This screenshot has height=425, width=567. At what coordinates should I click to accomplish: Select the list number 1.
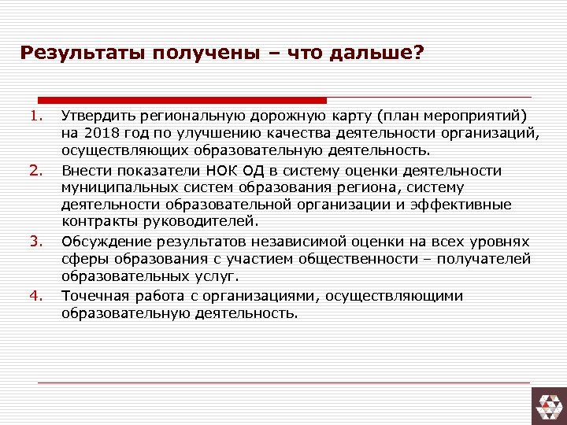(35, 116)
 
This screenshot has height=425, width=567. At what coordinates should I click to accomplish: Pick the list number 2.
(35, 170)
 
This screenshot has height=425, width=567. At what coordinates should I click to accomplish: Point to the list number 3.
(35, 240)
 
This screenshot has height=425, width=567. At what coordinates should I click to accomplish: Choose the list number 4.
(35, 296)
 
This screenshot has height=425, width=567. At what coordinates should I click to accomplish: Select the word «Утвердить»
(97, 116)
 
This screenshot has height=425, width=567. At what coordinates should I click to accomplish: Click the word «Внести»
(84, 171)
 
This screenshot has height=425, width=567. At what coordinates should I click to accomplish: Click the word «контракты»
(97, 222)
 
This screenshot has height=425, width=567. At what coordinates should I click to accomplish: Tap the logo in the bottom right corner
(548, 403)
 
